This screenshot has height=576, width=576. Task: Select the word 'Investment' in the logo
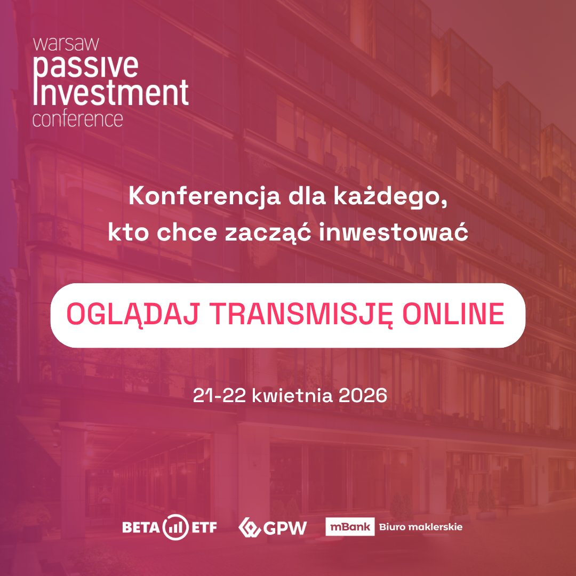click(x=111, y=93)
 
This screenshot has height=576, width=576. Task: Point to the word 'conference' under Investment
click(x=77, y=119)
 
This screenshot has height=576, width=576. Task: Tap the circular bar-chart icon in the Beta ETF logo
click(x=176, y=527)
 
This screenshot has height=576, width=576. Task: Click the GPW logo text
click(x=285, y=528)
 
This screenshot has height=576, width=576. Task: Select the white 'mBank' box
click(x=350, y=527)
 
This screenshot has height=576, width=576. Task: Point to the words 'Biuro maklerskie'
click(x=420, y=527)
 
